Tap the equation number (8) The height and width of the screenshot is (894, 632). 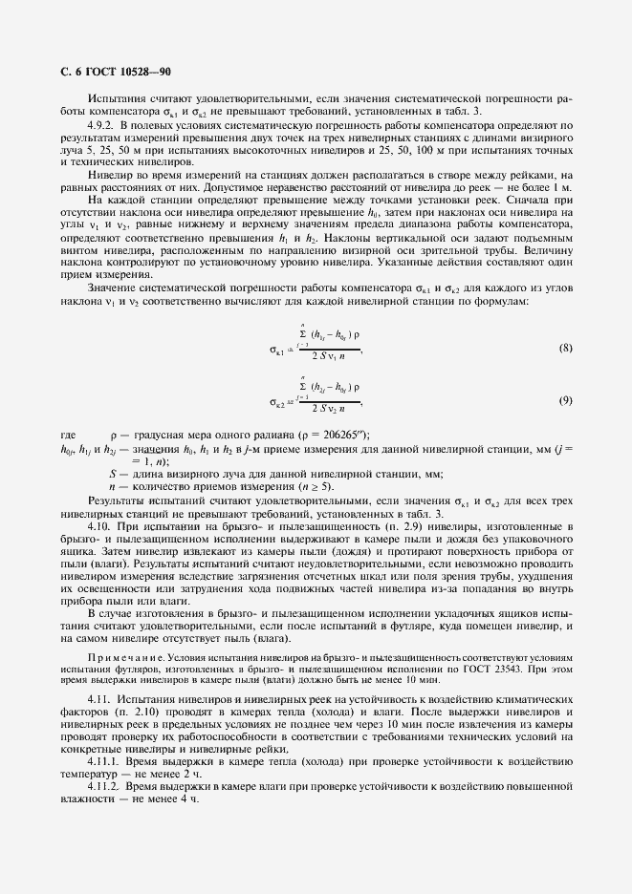[x=564, y=348]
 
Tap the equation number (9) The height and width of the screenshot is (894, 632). [x=564, y=399]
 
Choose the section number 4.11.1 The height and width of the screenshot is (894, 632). [x=104, y=762]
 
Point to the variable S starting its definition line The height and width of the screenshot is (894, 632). [x=113, y=473]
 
